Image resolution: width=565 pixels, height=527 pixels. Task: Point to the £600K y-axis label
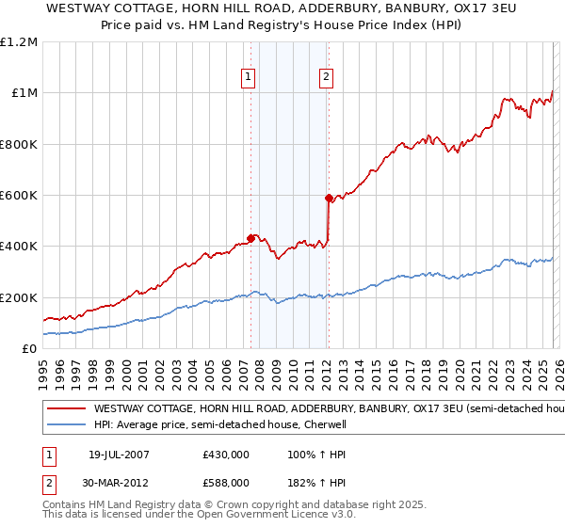(18, 196)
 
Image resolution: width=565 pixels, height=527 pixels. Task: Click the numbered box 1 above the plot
(249, 78)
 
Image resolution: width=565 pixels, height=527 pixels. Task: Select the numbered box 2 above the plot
(326, 78)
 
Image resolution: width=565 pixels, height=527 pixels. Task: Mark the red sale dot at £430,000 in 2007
(250, 238)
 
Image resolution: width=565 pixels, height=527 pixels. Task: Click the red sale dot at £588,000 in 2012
(328, 198)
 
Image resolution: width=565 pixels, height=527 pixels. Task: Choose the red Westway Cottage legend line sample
(66, 409)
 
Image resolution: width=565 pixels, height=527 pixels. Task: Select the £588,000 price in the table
(226, 482)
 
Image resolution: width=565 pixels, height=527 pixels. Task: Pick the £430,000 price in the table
(226, 454)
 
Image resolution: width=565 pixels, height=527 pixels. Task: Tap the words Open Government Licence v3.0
(283, 515)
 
